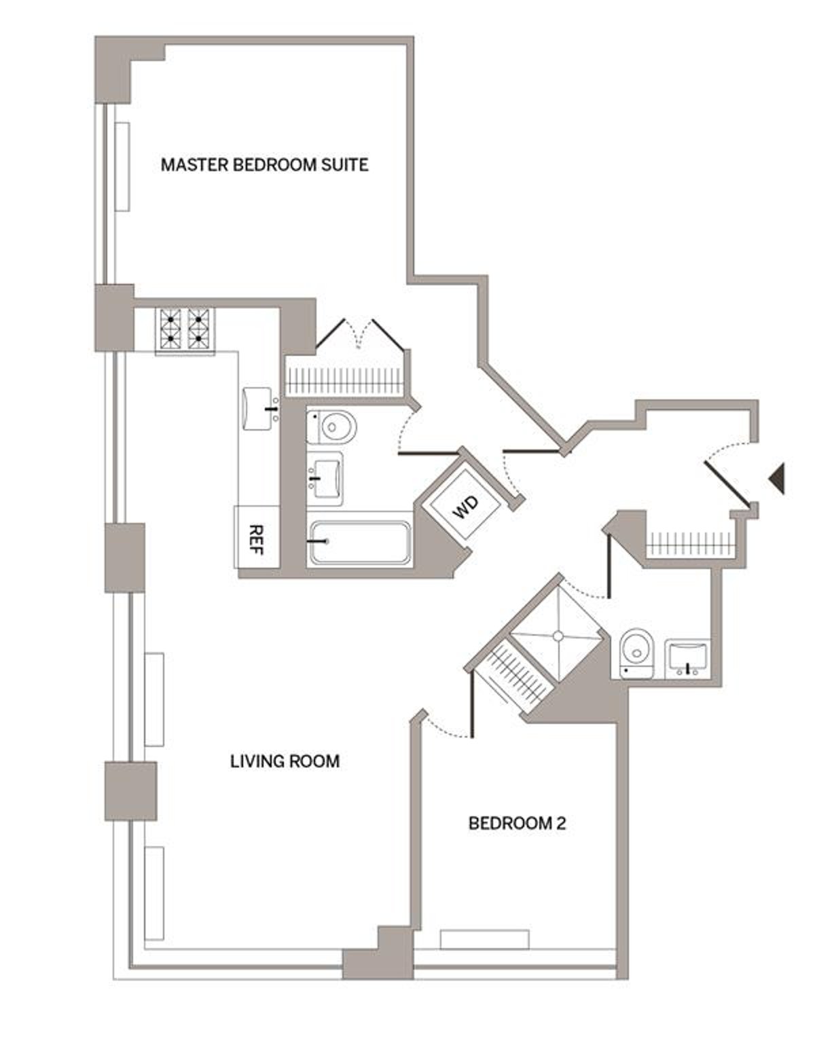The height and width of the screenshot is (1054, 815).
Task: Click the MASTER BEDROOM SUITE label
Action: [x=264, y=165]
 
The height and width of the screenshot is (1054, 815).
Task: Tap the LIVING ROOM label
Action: [x=285, y=761]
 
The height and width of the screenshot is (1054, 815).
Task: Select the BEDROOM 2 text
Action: [x=517, y=824]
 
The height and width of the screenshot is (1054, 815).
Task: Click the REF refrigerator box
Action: [x=257, y=537]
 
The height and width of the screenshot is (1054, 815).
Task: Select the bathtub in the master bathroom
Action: [x=361, y=543]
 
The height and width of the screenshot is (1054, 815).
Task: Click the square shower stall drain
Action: [x=558, y=635]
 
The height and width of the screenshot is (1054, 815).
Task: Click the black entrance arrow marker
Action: [x=777, y=478]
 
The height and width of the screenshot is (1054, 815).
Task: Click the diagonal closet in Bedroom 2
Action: [x=513, y=676]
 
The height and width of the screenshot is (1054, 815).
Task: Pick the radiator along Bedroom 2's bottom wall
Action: [x=484, y=939]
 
